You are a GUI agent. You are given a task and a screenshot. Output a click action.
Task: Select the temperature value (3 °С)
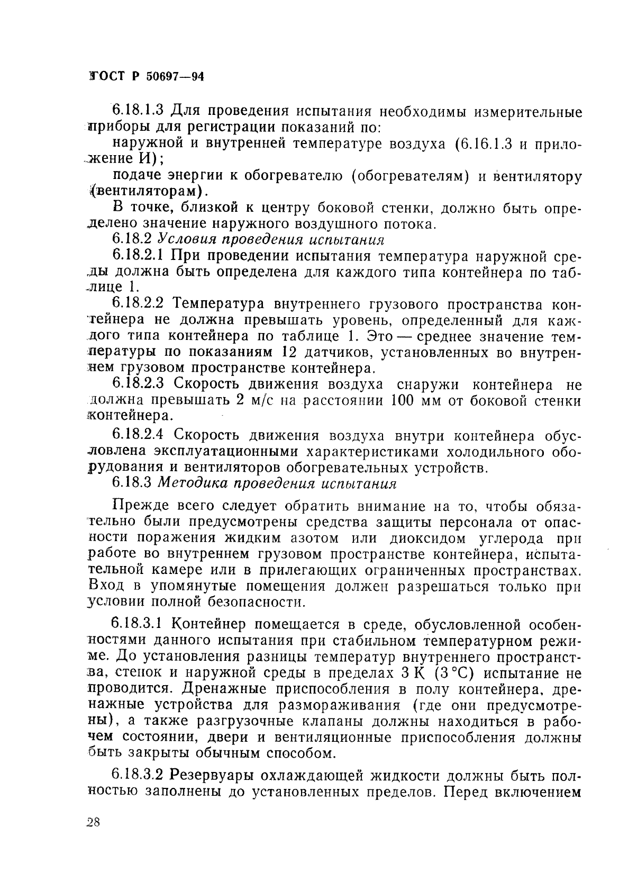[x=449, y=674]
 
